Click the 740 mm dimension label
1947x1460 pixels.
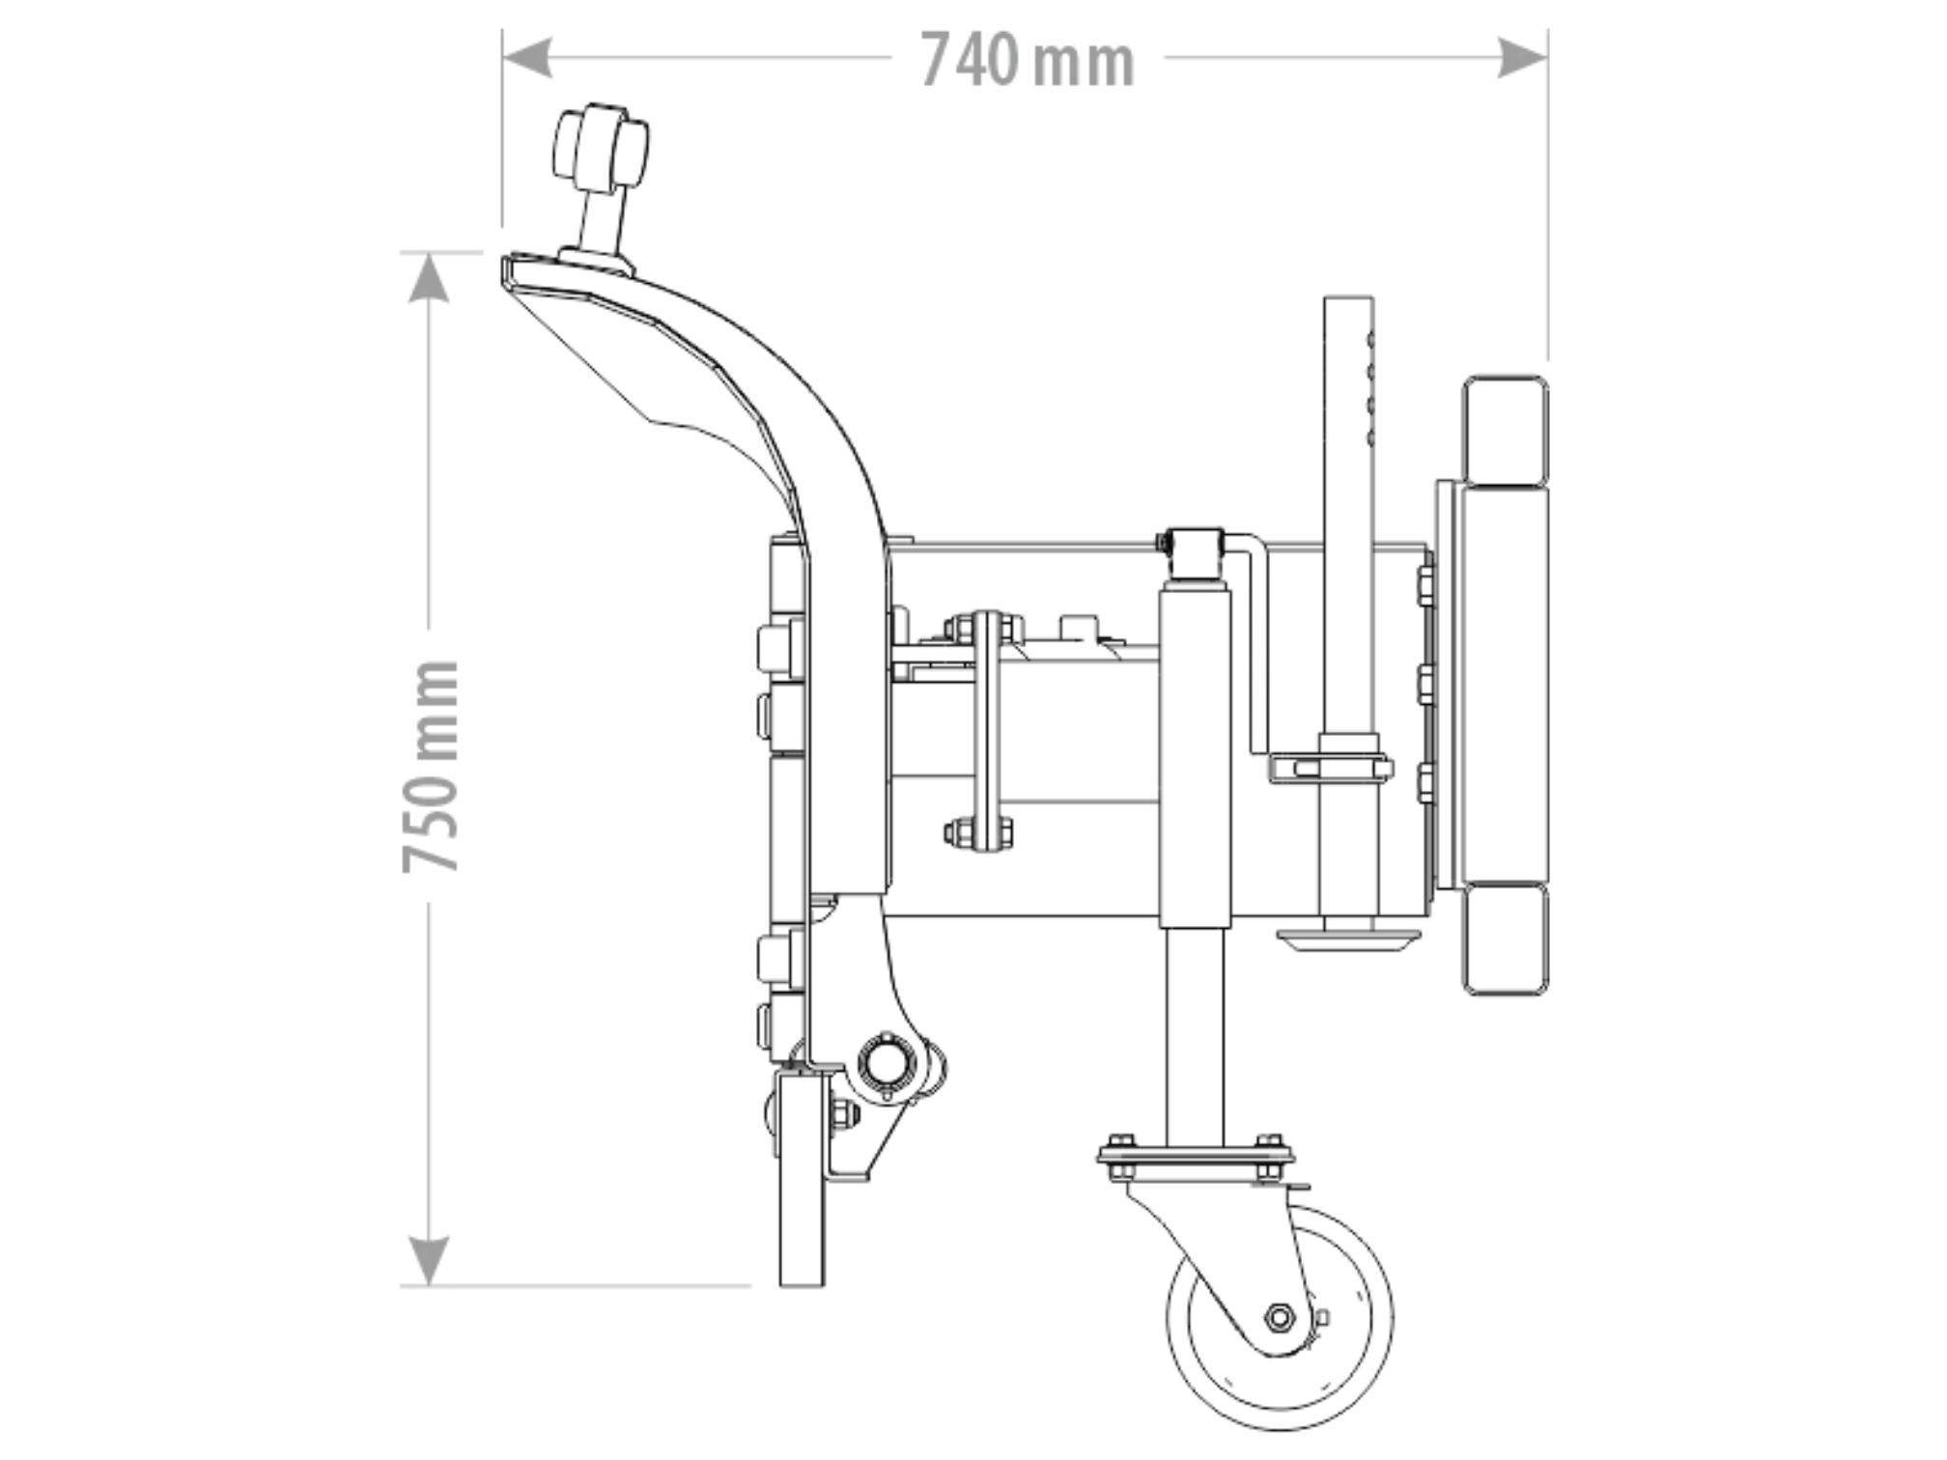[x=1028, y=60]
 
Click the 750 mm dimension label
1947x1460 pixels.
[x=431, y=767]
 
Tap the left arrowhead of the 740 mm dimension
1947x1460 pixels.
[x=527, y=58]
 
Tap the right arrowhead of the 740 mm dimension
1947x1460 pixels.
[x=1522, y=58]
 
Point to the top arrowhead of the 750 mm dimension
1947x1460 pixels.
[x=428, y=278]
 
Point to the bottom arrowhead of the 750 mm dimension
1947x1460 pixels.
[x=428, y=1261]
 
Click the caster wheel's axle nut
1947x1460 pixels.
[x=1280, y=1316]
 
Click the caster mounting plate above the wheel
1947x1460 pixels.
[x=1196, y=1156]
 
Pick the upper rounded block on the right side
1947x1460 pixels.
[x=1505, y=432]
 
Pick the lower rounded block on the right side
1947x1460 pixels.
[x=1505, y=939]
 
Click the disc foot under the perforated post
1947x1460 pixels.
[x=1347, y=939]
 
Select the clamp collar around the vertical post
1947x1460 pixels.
[x=1331, y=768]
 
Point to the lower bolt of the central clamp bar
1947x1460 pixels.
[x=980, y=830]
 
